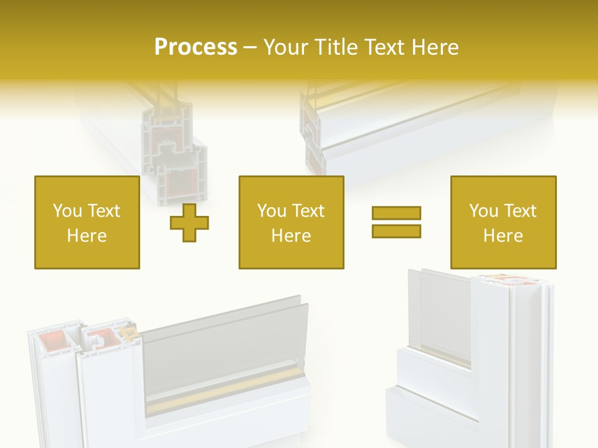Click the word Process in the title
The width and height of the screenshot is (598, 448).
(x=196, y=47)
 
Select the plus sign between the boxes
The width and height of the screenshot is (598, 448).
(x=189, y=222)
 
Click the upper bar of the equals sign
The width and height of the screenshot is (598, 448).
(x=396, y=213)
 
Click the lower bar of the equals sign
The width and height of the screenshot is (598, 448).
(x=396, y=231)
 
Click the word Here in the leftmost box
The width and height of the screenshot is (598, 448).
(x=87, y=236)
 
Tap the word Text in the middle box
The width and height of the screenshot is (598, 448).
(x=308, y=211)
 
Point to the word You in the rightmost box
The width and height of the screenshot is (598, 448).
(x=483, y=211)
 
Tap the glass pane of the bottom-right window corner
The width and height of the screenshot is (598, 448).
(x=445, y=311)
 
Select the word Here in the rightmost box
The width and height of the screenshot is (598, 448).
(x=503, y=236)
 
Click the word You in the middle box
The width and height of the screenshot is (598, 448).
(x=272, y=211)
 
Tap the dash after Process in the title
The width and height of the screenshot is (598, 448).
(x=250, y=47)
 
